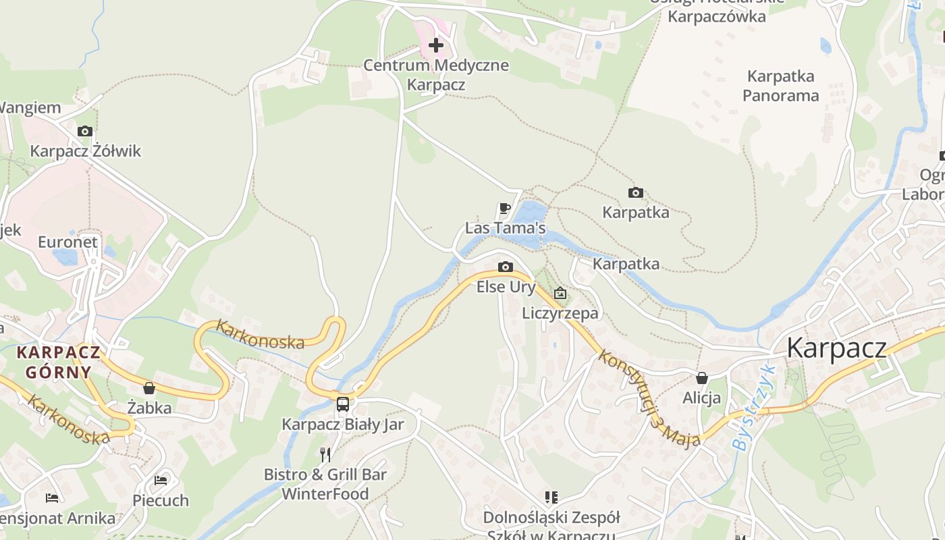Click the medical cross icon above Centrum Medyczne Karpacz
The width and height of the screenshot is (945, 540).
tap(436, 45)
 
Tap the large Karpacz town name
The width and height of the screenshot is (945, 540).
tap(836, 348)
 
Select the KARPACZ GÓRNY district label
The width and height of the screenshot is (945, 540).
tap(59, 362)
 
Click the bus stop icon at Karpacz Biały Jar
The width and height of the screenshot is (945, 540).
tap(343, 404)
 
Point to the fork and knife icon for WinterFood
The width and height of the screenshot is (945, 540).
tap(325, 454)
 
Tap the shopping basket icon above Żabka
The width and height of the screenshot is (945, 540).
tap(149, 388)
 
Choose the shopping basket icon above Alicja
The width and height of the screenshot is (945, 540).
tap(702, 378)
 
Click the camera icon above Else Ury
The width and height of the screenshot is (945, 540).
tap(505, 267)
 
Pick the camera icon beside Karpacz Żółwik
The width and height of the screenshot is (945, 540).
tap(85, 131)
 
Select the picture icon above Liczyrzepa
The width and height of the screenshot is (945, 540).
tap(560, 293)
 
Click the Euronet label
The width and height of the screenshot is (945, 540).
tap(67, 242)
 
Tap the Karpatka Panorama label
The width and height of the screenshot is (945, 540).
tap(780, 86)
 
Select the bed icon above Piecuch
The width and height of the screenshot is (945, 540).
tap(161, 481)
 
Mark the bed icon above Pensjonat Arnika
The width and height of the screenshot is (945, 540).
tap(52, 498)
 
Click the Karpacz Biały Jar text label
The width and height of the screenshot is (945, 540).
tap(342, 425)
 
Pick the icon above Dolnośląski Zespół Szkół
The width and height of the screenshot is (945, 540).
tap(551, 497)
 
